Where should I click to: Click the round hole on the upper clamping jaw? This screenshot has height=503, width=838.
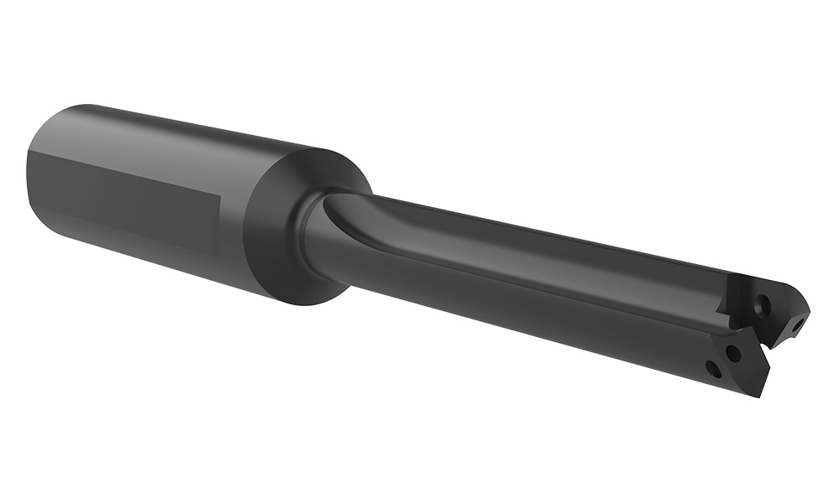pos(762,305)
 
